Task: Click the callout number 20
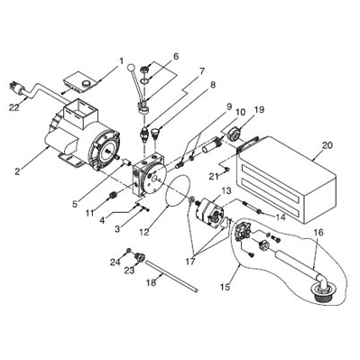328,145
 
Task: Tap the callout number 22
14,106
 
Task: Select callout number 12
144,232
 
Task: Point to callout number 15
225,287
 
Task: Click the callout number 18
152,282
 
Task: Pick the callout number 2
18,171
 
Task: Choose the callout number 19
259,109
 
